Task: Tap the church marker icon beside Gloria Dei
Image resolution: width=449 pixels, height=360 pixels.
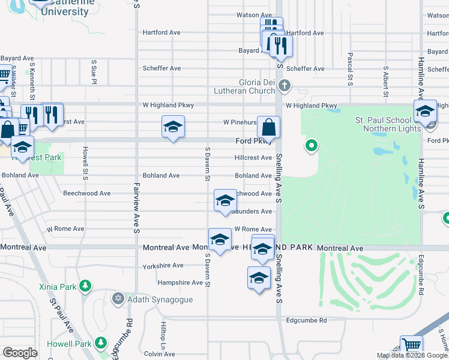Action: point(285,86)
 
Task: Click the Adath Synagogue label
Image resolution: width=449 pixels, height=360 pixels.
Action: point(160,299)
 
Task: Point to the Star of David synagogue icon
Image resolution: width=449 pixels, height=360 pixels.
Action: point(118,298)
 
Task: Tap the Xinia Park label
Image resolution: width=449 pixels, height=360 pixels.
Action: point(58,287)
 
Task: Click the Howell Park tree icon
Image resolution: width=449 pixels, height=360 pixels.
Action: point(101,344)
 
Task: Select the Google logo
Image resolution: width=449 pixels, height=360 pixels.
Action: point(20,353)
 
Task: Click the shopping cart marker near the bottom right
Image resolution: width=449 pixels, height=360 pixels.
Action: point(411,346)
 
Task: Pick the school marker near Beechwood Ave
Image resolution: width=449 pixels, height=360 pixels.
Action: point(225,200)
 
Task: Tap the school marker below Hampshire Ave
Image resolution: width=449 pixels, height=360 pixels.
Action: point(259,278)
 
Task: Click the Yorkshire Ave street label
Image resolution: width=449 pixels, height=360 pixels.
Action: point(163,265)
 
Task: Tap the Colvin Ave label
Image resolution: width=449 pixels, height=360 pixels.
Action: point(160,354)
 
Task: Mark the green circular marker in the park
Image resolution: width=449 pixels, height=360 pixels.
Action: point(311,145)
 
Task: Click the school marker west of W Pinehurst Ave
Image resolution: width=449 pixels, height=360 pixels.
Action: point(173,127)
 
